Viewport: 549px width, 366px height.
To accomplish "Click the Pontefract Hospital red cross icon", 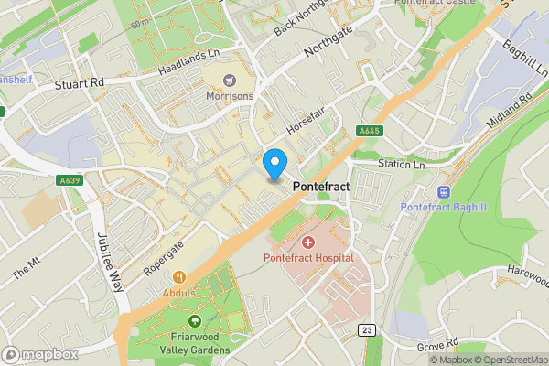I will pos(308,242).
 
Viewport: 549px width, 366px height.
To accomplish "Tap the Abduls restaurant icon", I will pos(179,276).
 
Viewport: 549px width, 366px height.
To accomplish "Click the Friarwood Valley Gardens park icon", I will pos(194,321).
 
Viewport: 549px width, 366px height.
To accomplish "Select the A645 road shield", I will pos(369,132).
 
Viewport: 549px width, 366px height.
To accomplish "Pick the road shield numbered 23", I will pos(369,329).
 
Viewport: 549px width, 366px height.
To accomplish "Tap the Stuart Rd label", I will pos(80,82).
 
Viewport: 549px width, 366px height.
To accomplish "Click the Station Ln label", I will pos(403,165).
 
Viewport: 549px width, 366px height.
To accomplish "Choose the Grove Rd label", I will pos(436,346).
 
